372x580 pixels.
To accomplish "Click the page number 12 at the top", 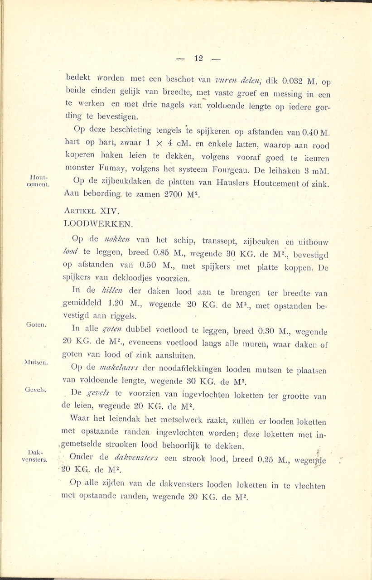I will pos(198,58).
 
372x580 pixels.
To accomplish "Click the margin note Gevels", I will pos(37,390).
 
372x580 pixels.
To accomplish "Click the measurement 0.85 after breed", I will pos(164,253).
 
